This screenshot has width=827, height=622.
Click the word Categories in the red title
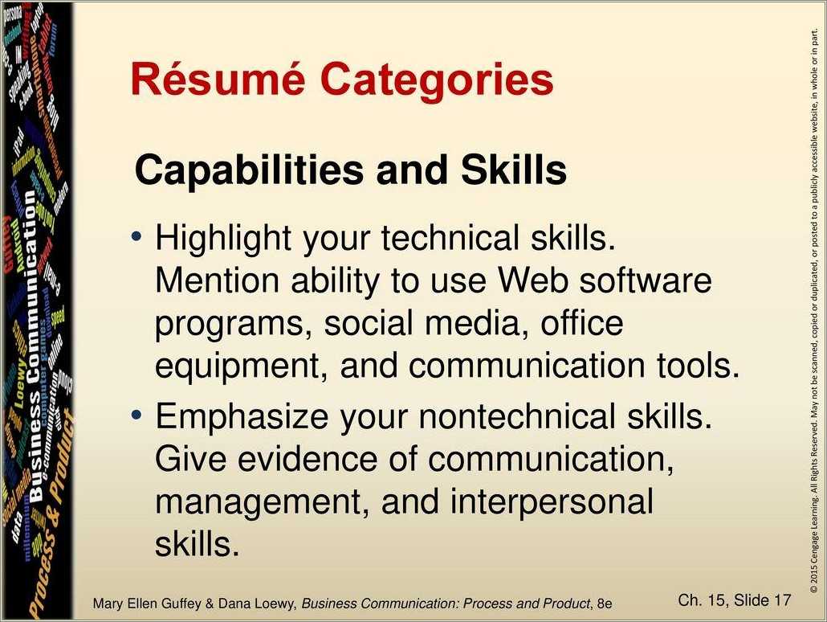coord(437,80)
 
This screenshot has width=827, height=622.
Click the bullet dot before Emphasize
coord(137,415)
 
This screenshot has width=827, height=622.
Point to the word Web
coord(531,281)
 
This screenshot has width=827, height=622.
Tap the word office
coord(581,323)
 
